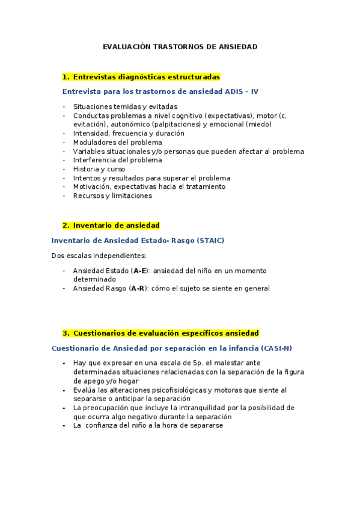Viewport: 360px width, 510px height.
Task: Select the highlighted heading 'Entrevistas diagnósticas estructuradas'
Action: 147,77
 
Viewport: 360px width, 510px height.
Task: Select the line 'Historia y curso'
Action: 99,169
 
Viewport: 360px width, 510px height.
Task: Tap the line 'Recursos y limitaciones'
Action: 112,195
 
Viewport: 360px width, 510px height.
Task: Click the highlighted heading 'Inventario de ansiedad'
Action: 116,226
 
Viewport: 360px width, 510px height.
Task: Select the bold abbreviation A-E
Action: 139,271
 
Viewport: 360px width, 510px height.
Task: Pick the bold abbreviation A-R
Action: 139,289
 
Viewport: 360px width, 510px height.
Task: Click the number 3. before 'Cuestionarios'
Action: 66,333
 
